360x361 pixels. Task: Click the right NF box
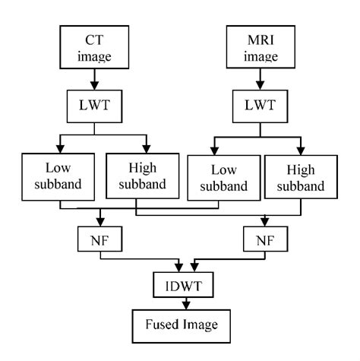[264, 239]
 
